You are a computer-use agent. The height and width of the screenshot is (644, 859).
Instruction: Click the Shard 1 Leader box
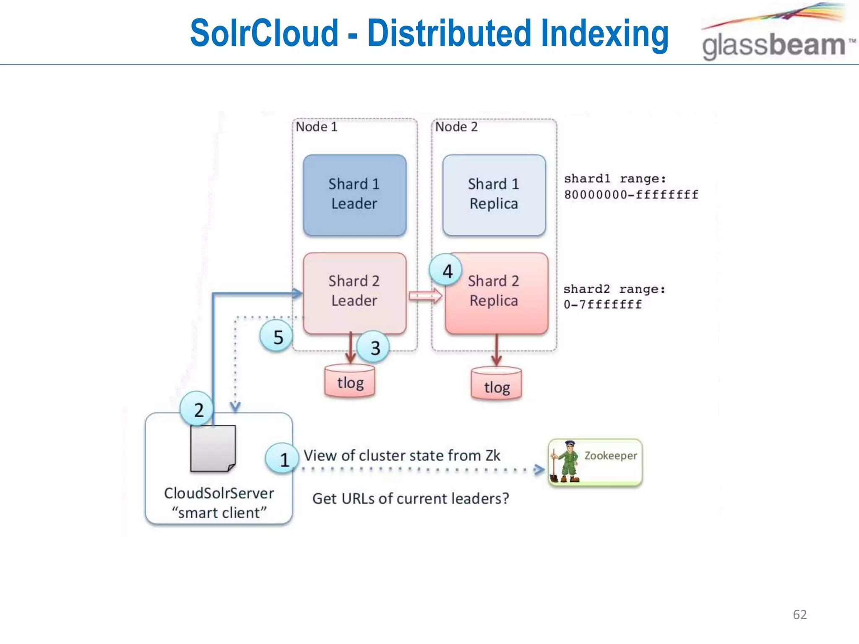tap(354, 195)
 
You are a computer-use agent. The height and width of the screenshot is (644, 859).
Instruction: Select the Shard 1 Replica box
tap(494, 195)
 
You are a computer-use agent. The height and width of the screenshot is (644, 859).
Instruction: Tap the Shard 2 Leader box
tap(354, 292)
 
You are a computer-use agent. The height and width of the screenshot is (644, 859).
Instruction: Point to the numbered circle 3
tap(374, 347)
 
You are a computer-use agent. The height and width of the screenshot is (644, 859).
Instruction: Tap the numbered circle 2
tap(197, 409)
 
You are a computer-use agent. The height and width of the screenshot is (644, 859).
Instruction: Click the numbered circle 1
tap(283, 459)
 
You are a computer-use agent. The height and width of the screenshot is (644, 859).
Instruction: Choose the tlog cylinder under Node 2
tap(496, 384)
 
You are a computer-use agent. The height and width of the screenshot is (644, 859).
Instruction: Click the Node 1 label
tap(316, 127)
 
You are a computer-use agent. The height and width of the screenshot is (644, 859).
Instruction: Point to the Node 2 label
tap(456, 127)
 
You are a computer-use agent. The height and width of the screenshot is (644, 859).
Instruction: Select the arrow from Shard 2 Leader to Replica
tap(425, 296)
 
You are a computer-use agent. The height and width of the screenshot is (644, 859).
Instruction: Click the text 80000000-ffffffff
tap(631, 195)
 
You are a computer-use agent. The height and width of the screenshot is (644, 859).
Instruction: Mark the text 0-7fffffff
tap(602, 304)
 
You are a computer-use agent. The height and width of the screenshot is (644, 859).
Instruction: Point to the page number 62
tap(799, 614)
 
